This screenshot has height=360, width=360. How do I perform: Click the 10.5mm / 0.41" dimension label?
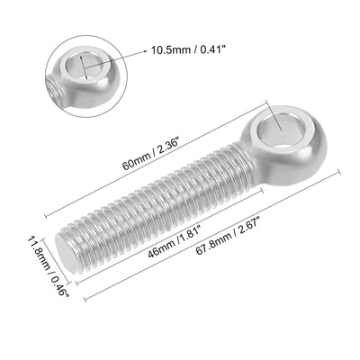188,49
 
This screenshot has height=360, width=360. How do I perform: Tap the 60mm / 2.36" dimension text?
151,156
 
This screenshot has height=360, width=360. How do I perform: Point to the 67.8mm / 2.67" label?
228,236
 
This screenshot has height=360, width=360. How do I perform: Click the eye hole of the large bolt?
281,130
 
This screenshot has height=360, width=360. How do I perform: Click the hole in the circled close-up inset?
84,65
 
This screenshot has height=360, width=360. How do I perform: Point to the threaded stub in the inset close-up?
56,90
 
